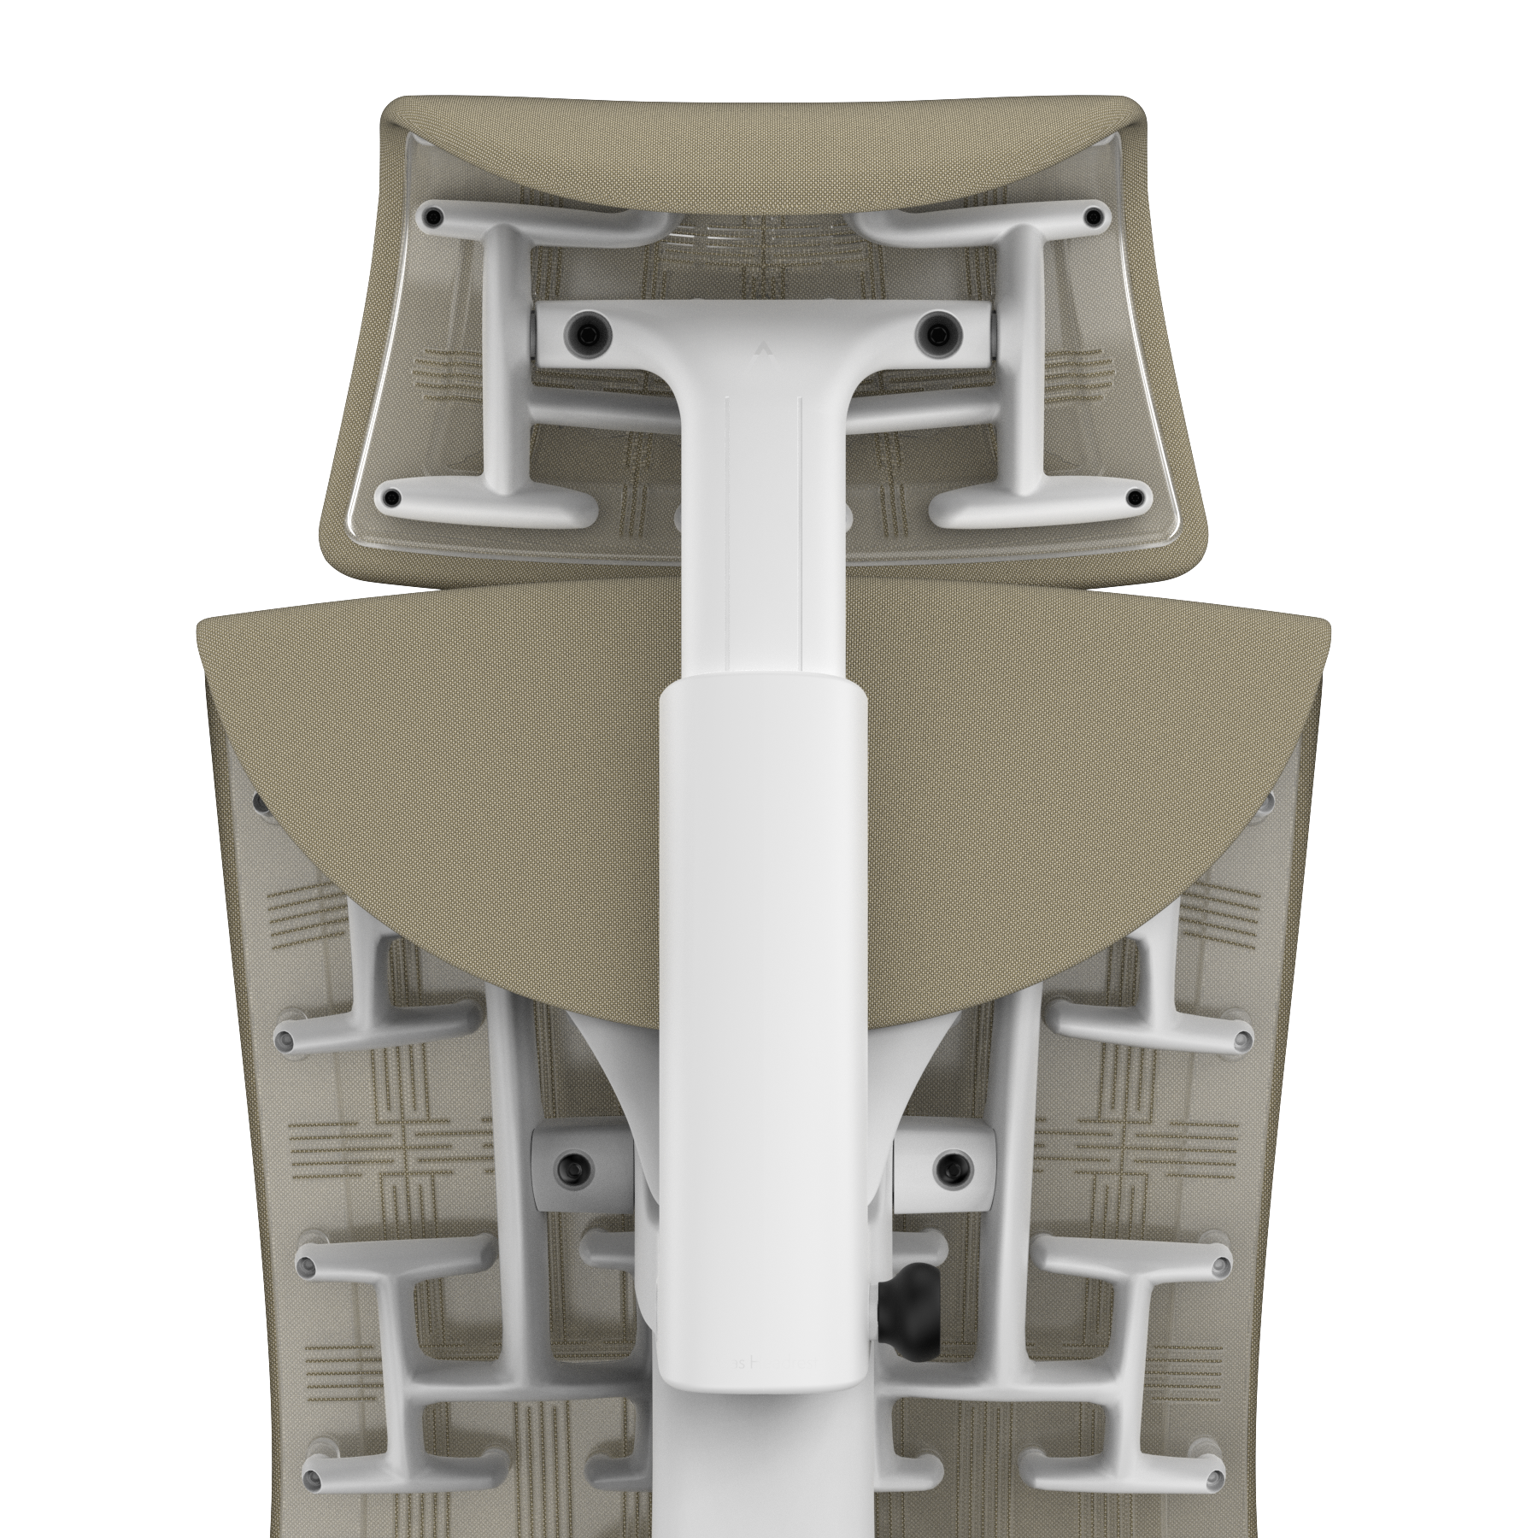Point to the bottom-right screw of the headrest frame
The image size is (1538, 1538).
tap(1135, 496)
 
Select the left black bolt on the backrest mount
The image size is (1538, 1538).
tap(569, 1164)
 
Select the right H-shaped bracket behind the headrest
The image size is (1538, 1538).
tap(1025, 359)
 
